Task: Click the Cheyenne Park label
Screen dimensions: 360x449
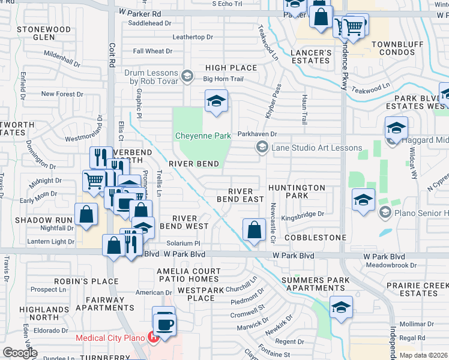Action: point(203,136)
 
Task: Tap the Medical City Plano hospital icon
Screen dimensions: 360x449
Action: point(153,337)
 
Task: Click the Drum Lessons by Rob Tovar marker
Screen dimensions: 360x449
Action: point(187,76)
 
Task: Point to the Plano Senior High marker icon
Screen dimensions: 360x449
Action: point(385,211)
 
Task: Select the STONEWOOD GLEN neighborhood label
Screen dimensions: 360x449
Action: point(44,33)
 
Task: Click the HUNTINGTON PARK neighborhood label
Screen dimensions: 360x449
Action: point(297,192)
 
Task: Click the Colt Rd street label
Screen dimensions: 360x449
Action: point(112,55)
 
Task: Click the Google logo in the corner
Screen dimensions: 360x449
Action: point(20,352)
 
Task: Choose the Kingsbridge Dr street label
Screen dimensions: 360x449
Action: point(303,214)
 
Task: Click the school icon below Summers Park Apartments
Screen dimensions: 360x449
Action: point(341,307)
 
